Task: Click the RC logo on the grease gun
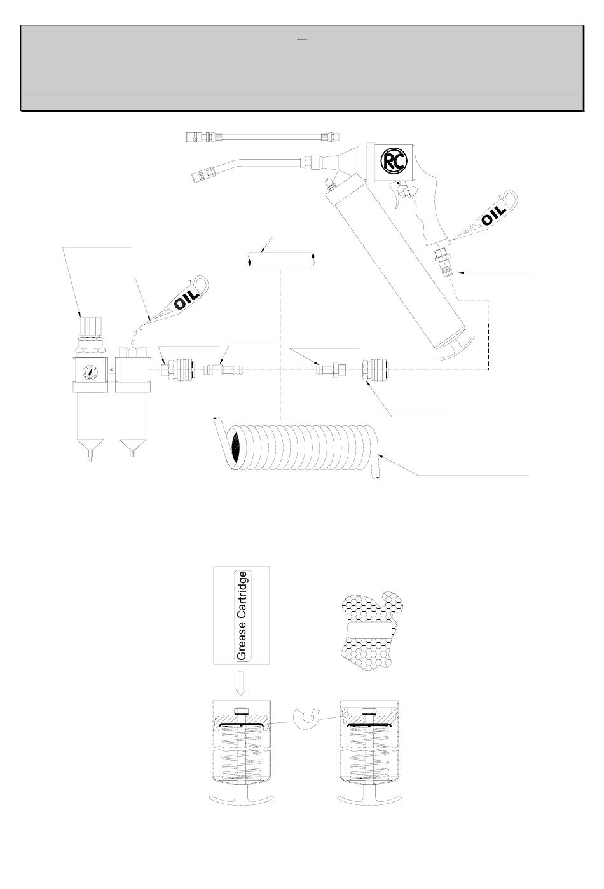tap(394, 161)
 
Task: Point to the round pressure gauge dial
tap(90, 372)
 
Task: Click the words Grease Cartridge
tap(242, 616)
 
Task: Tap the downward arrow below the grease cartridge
tap(240, 682)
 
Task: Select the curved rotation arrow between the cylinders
tap(306, 719)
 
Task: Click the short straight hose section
tap(282, 259)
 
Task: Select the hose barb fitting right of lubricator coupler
tap(223, 370)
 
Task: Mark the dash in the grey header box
tap(302, 39)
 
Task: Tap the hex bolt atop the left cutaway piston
tap(241, 711)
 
